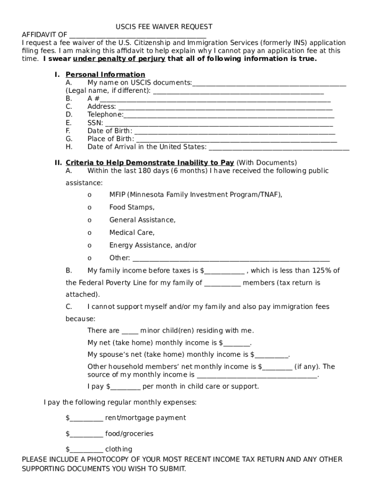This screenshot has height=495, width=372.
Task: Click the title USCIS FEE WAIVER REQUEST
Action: pos(164,27)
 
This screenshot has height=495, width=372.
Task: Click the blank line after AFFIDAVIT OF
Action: pos(138,36)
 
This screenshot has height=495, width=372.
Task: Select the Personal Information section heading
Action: pos(105,74)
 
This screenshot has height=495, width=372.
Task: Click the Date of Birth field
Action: pos(234,132)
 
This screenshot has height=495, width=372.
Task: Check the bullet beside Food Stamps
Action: pos(89,207)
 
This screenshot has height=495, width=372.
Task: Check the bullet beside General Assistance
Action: pos(89,220)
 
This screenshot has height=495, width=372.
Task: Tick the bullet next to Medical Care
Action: pos(89,233)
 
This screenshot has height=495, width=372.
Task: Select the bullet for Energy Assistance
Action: pos(89,245)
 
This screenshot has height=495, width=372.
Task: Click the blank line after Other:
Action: pos(231,259)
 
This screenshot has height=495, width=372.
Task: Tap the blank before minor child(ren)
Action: pos(130,332)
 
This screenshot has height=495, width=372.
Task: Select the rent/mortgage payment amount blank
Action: pos(86,419)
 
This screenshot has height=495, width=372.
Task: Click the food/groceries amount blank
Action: pos(86,435)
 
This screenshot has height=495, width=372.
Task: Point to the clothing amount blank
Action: pos(86,451)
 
